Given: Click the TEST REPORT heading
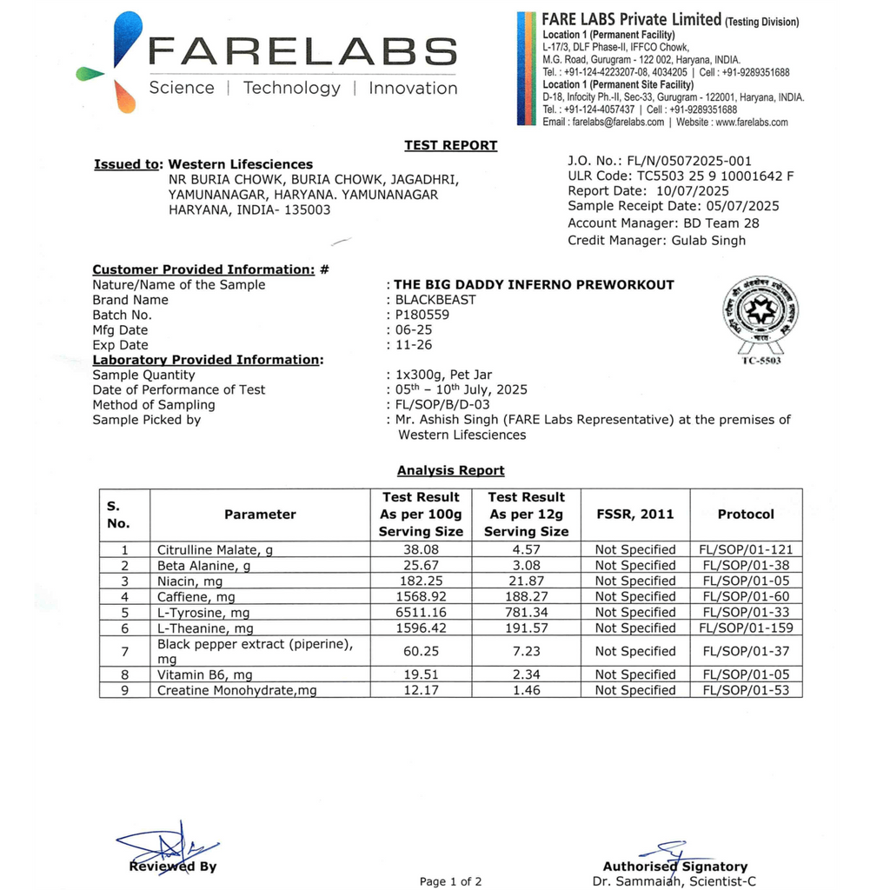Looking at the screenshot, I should (450, 145).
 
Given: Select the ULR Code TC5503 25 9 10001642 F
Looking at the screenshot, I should (681, 176).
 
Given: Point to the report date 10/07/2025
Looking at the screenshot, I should (693, 191).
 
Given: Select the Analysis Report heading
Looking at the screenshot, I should (450, 470).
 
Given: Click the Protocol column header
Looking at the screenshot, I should (745, 514).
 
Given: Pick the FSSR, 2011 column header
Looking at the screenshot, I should (634, 514).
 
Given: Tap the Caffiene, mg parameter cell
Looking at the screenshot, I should (196, 597).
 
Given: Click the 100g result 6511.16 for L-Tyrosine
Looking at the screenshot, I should (421, 613).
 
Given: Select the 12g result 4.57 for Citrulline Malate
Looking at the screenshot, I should (526, 549).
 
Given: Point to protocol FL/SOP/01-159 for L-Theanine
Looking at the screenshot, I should (746, 628).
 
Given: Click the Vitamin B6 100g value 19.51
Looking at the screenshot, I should (421, 674).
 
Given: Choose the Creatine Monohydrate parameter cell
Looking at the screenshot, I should (236, 690).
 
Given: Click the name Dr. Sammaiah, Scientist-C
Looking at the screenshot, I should (674, 881).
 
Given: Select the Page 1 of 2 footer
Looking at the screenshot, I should (450, 881).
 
